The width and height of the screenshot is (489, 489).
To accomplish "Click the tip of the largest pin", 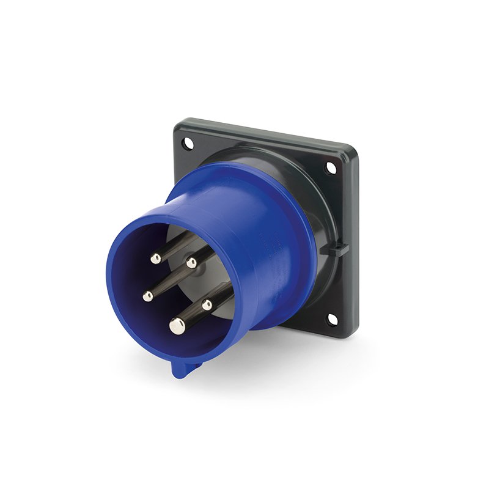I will tap(178, 327).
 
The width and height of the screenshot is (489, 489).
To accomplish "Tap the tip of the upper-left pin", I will tap(156, 259).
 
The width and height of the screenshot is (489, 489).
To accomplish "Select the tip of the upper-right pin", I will tap(191, 263).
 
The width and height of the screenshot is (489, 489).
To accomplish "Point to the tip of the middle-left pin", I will tap(148, 296).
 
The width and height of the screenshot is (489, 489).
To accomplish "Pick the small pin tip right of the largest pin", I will tap(207, 304).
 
